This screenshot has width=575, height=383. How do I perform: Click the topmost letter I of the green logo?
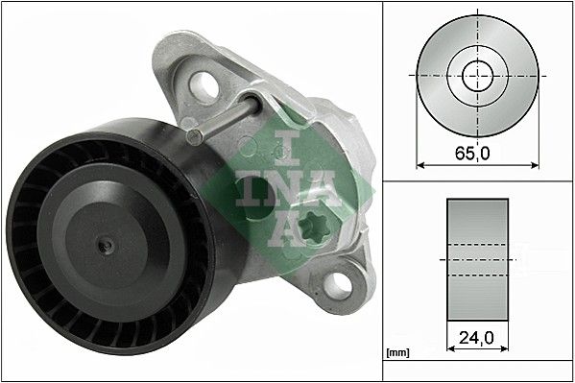285,145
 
